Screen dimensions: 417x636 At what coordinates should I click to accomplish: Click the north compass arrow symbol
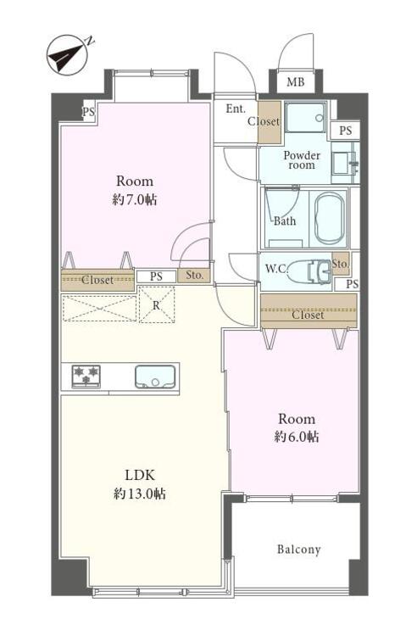(x=67, y=56)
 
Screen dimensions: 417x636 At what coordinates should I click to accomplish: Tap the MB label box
(x=296, y=81)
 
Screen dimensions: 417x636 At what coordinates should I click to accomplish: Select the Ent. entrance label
(x=236, y=109)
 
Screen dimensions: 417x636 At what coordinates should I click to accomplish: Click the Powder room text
(x=302, y=160)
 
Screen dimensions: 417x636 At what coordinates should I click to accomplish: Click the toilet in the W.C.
(x=310, y=271)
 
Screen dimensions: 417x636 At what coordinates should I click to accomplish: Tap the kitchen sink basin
(x=155, y=377)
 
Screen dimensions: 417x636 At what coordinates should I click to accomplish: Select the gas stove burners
(x=86, y=377)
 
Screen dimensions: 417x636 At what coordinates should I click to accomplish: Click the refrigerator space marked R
(x=157, y=304)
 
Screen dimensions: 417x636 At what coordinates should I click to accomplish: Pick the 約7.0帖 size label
(x=136, y=199)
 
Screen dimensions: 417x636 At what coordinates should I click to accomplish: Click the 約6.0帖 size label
(x=297, y=437)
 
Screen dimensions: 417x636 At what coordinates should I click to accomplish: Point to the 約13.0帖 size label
(x=140, y=494)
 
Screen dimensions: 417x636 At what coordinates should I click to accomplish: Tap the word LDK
(x=140, y=475)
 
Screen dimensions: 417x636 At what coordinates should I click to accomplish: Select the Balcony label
(x=298, y=550)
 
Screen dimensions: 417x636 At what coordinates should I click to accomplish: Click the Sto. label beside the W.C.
(x=340, y=264)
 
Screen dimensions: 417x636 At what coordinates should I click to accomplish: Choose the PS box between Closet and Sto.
(x=157, y=276)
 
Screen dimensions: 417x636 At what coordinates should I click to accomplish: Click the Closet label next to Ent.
(x=264, y=121)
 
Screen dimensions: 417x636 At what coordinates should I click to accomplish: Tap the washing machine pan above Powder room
(x=306, y=117)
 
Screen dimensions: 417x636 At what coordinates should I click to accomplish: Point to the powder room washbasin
(x=344, y=163)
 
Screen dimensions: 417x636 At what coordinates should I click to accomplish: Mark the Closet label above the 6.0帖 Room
(x=309, y=315)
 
